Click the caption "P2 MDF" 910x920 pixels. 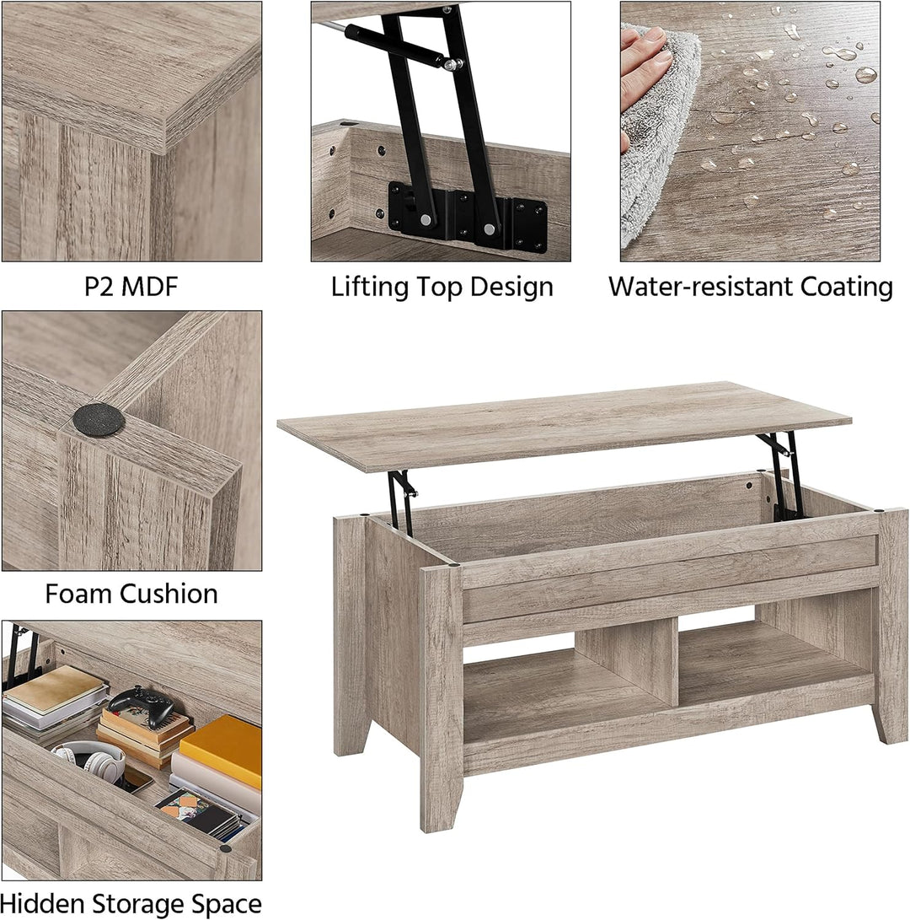click(131, 287)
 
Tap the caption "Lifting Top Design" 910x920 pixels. click(442, 288)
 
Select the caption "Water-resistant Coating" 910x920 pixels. click(751, 287)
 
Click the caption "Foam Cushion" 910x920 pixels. click(131, 594)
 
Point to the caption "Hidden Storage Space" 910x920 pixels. click(131, 904)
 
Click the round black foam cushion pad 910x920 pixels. click(99, 419)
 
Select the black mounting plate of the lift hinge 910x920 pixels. click(468, 214)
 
